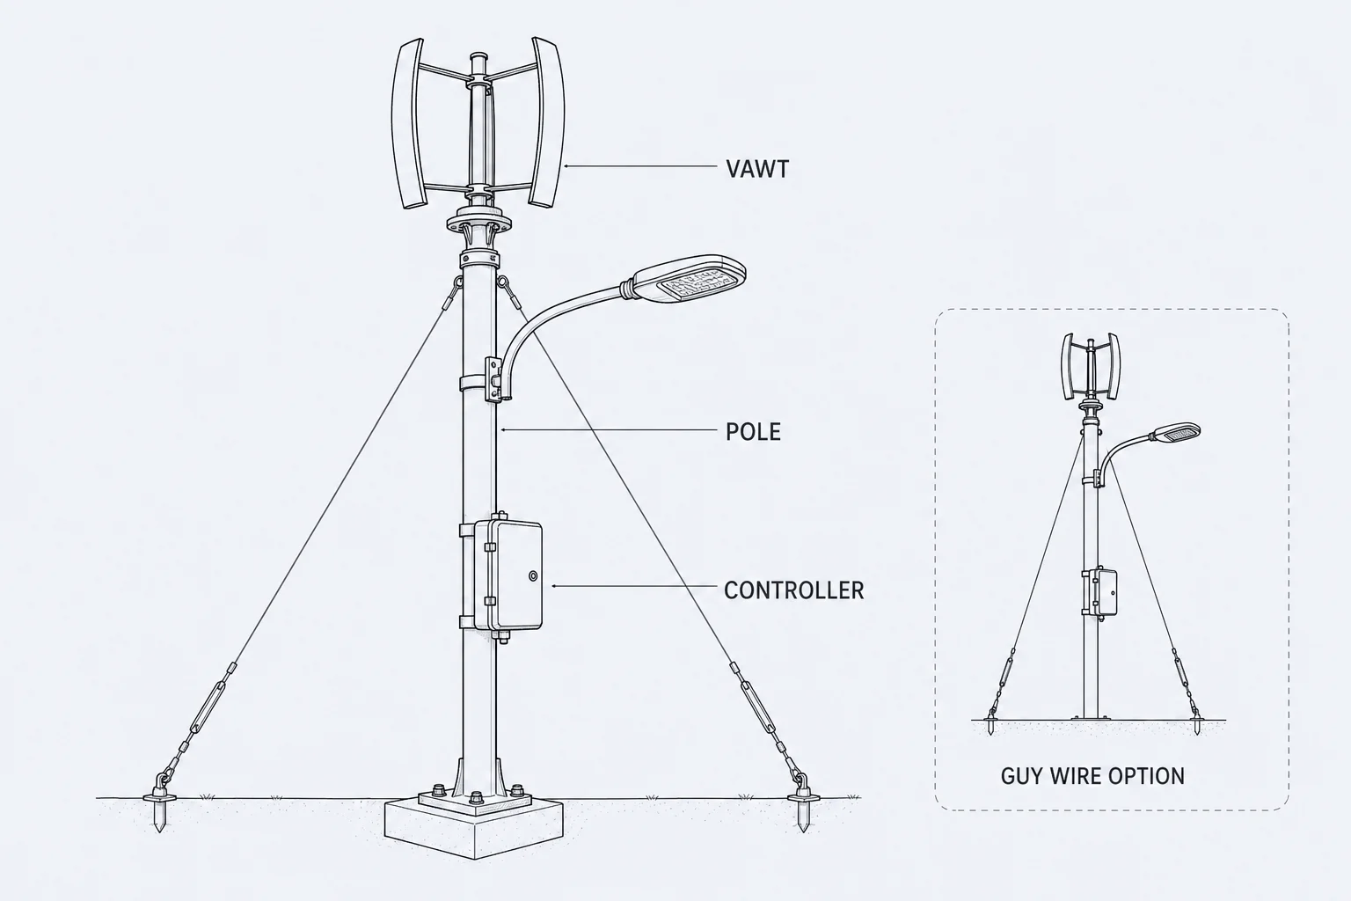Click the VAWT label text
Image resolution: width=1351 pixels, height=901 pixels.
pyautogui.click(x=757, y=169)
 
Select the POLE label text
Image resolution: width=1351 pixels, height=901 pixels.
pyautogui.click(x=753, y=432)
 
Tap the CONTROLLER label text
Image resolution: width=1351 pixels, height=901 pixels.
pyautogui.click(x=793, y=590)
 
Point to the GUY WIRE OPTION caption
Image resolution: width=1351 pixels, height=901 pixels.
pyautogui.click(x=1092, y=776)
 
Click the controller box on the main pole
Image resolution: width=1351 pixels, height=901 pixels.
pyautogui.click(x=508, y=576)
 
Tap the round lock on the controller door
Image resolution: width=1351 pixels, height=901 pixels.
pyautogui.click(x=532, y=576)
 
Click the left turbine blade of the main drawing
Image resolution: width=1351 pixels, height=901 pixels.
pyautogui.click(x=408, y=124)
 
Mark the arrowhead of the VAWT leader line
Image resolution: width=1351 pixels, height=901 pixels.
pyautogui.click(x=566, y=165)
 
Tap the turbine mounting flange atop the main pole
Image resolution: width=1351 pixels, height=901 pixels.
pyautogui.click(x=478, y=223)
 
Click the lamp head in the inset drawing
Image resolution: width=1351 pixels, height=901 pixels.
pyautogui.click(x=1175, y=433)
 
